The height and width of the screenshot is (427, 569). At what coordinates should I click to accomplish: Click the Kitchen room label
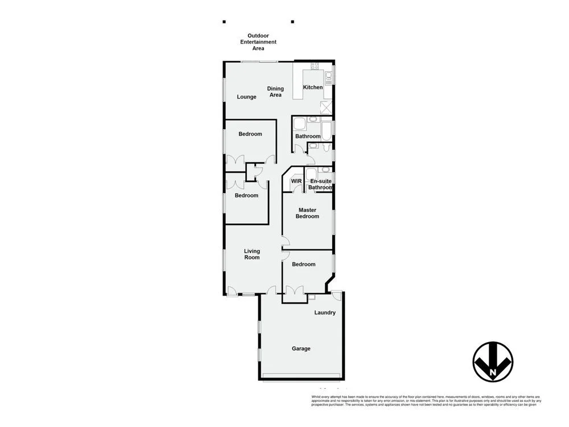(312, 87)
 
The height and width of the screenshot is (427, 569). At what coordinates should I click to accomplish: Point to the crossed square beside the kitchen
(327, 107)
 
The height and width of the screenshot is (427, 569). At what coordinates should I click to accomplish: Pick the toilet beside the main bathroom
(324, 147)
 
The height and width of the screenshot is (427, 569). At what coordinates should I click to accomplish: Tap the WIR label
(296, 181)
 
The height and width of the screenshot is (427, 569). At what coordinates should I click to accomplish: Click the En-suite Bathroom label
(320, 184)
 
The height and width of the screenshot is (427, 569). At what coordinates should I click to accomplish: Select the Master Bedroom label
(307, 213)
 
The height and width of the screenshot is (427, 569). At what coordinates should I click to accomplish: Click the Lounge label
(246, 97)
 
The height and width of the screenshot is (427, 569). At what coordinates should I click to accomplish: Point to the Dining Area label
(275, 92)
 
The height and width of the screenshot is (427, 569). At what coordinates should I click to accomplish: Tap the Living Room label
(252, 254)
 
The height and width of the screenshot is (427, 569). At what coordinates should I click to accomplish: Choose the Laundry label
(325, 313)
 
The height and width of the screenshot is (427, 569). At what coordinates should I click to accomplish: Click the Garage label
(301, 348)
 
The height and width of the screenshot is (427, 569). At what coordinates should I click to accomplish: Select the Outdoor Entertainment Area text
(258, 42)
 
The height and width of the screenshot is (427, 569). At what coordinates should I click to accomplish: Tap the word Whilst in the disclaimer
(316, 396)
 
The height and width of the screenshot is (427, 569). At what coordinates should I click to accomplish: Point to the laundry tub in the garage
(311, 297)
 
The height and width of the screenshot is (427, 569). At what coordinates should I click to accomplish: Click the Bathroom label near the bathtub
(308, 136)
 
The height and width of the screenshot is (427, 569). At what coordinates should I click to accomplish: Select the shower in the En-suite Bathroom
(311, 174)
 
